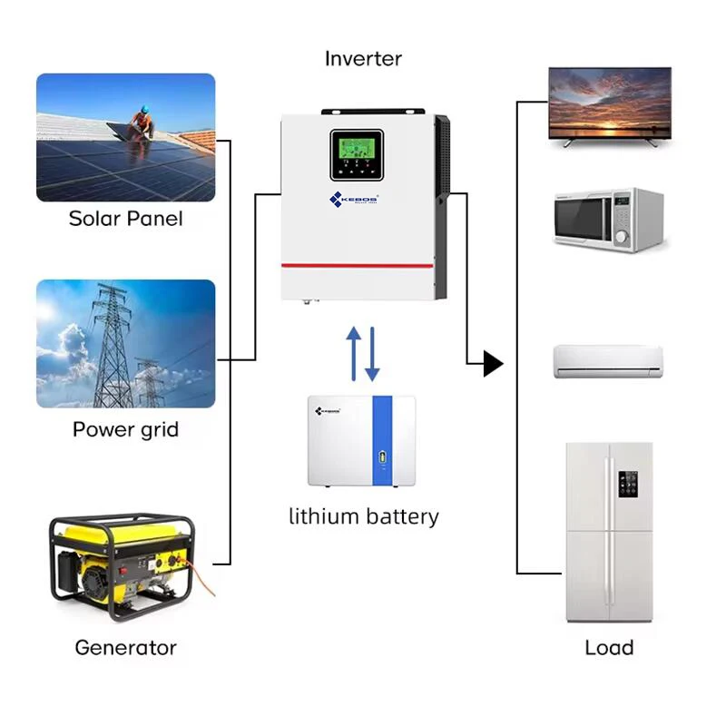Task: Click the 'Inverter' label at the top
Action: pos(363,59)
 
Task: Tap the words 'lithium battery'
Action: pos(363,517)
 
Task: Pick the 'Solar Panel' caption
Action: pos(125,219)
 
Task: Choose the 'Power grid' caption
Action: pos(125,429)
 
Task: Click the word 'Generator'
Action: pos(125,648)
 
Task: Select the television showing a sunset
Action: pos(610,103)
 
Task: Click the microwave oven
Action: pos(609,219)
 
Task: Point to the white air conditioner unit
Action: pos(609,360)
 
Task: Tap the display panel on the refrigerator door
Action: pos(625,487)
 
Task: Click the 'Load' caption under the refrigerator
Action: pos(609,648)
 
